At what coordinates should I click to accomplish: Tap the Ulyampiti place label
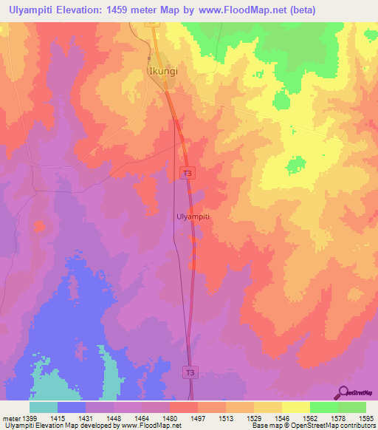point(194,216)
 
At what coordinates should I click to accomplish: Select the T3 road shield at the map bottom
point(190,374)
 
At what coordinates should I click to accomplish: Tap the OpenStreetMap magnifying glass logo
point(342,392)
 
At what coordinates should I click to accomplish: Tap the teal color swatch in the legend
point(44,407)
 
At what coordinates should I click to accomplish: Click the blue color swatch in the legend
point(72,407)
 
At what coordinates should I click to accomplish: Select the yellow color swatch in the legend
point(295,407)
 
